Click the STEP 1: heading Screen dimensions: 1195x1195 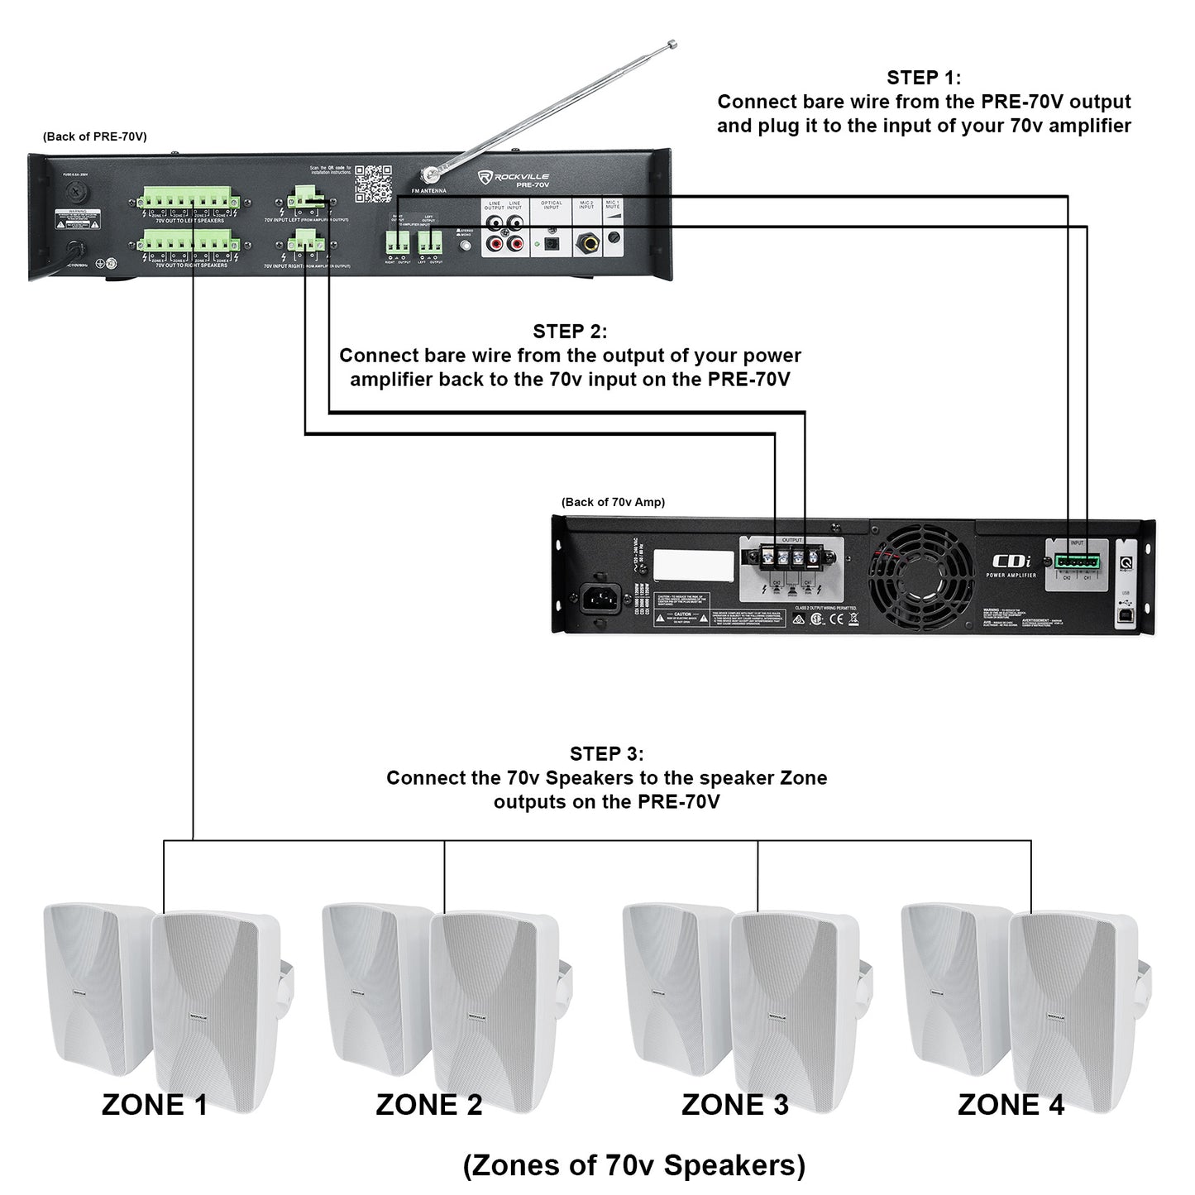pyautogui.click(x=923, y=78)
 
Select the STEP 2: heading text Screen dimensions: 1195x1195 pyautogui.click(x=570, y=332)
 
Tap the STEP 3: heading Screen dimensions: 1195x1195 pyautogui.click(x=606, y=753)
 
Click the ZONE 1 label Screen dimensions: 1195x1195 pyautogui.click(x=155, y=1105)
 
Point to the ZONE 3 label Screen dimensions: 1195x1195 pyautogui.click(x=734, y=1105)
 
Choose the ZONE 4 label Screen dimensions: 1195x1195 pyautogui.click(x=1011, y=1105)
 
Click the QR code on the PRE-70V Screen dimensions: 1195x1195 pyautogui.click(x=373, y=184)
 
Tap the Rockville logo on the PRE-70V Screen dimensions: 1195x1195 pyautogui.click(x=514, y=177)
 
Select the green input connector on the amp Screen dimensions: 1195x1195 pyautogui.click(x=1077, y=562)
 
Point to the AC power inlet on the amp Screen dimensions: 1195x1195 pyautogui.click(x=600, y=598)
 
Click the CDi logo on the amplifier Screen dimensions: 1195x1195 pyautogui.click(x=1011, y=562)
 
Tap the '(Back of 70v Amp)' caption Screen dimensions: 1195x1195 pyautogui.click(x=613, y=502)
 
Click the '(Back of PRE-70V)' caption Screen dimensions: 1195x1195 pyautogui.click(x=95, y=136)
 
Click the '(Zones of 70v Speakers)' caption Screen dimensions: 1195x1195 pyautogui.click(x=633, y=1165)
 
